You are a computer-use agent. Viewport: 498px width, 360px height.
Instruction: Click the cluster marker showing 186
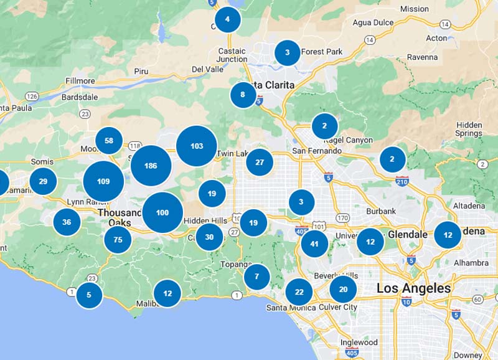pos(151,166)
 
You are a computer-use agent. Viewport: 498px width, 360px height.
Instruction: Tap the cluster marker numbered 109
pos(103,181)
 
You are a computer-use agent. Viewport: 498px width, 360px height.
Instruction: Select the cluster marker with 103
pos(197,146)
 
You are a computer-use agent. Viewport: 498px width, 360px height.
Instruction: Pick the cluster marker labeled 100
pos(162,212)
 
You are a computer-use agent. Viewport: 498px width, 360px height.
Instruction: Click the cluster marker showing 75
pos(118,239)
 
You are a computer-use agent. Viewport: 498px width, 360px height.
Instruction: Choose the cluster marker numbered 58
pos(109,141)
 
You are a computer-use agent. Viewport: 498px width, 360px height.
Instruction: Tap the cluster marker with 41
pos(314,244)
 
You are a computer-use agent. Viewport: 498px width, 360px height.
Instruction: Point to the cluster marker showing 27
pos(260,163)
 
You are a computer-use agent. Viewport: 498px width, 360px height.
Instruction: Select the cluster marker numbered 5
pos(89,295)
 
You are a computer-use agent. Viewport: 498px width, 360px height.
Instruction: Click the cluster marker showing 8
pos(243,95)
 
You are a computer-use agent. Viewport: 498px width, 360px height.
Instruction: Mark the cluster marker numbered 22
pos(299,292)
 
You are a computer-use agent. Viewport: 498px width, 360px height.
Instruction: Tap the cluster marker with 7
pos(256,277)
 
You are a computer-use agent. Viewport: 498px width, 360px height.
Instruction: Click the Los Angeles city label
pos(413,288)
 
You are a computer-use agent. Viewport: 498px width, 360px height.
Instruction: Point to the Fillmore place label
pos(80,81)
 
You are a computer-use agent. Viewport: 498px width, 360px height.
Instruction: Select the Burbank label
pos(381,211)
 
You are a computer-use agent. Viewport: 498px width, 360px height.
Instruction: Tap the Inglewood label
pos(359,343)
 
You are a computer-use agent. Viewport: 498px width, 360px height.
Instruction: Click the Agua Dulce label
pos(373,22)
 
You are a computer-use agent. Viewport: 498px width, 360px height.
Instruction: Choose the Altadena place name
pos(469,206)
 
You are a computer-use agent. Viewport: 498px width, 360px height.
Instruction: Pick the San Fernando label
pos(317,151)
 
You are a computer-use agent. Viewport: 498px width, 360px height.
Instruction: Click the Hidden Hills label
pos(205,220)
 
